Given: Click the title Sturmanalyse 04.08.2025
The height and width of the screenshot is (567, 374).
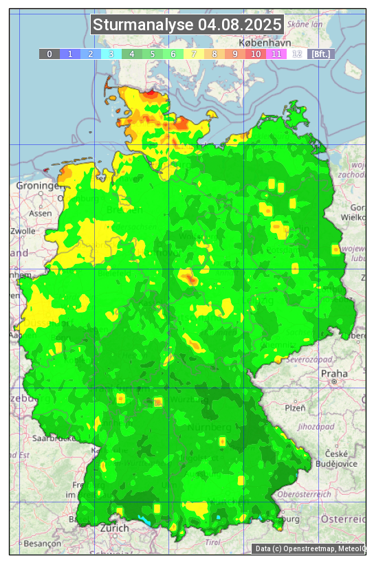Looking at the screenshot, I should coord(187,25).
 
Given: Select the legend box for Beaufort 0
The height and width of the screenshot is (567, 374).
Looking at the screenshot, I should coord(49,54).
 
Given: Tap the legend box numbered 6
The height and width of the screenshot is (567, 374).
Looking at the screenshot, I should coord(173,54).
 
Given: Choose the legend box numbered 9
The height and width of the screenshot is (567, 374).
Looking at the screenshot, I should coord(234,54).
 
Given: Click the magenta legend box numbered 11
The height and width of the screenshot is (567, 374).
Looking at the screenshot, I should coord(276,54).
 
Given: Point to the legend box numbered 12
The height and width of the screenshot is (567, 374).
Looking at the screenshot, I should coord(296,54).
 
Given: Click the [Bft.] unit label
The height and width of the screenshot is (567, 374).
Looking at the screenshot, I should coord(320,54).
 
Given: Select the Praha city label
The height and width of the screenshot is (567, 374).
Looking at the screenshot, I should coord(334,373).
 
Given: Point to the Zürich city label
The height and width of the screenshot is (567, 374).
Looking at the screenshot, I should coord(114,528).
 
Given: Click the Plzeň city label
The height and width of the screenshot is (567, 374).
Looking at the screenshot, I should coord(295,408).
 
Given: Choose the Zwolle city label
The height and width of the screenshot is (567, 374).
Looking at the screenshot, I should coord(23,231).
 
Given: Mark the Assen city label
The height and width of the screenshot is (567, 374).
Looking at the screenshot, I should coord(40,213).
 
